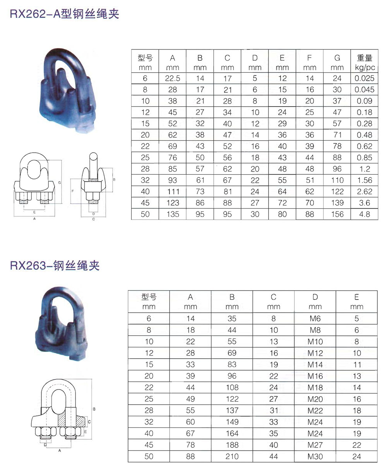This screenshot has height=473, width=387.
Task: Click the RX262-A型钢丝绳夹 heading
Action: [64, 14]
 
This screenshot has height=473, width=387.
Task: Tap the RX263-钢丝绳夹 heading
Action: [55, 265]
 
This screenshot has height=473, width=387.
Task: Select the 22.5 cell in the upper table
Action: [173, 78]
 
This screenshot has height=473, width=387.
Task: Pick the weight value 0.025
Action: [365, 78]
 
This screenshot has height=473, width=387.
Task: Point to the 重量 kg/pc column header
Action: [365, 63]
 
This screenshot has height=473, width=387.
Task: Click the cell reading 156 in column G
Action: [337, 214]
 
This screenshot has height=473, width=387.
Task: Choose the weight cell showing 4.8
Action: [365, 214]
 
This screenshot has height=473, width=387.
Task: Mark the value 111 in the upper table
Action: [173, 192]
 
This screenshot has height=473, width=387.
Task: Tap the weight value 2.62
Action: [365, 192]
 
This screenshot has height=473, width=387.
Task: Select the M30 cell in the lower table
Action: [315, 456]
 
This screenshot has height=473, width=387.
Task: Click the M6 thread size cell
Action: [315, 319]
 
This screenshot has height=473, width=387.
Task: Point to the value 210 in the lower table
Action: [232, 456]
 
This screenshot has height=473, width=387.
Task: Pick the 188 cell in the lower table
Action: [232, 445]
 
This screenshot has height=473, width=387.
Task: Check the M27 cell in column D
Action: [315, 445]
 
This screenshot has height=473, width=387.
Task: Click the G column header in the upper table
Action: [337, 58]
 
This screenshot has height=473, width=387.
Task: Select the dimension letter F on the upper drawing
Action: [73, 191]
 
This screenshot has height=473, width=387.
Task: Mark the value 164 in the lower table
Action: [232, 434]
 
